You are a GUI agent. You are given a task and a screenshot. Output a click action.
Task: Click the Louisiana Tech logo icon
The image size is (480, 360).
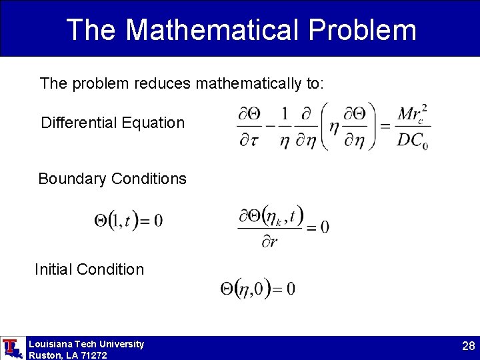pyautogui.click(x=11, y=348)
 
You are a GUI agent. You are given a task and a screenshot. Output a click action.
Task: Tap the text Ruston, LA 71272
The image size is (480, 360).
pyautogui.click(x=67, y=355)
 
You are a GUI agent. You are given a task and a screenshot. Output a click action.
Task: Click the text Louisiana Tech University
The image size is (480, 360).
pyautogui.click(x=86, y=344)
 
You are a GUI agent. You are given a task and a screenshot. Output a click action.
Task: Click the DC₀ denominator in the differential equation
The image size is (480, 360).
pyautogui.click(x=411, y=141)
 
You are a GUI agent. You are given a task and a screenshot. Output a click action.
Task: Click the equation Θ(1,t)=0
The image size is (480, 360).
pyautogui.click(x=128, y=220)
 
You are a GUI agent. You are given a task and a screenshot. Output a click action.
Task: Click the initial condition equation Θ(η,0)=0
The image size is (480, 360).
pyautogui.click(x=257, y=289)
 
